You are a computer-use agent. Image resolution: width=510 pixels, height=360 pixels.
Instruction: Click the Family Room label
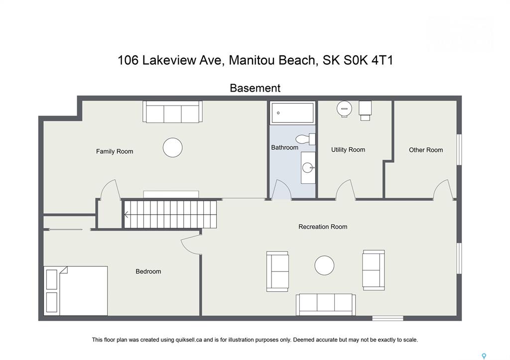[x=115, y=151]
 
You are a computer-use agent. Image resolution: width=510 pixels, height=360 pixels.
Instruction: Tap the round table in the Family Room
[x=172, y=147]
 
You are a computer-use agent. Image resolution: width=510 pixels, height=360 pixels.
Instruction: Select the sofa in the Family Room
[x=172, y=112]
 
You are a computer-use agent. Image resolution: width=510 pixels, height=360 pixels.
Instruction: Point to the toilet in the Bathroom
[x=306, y=139]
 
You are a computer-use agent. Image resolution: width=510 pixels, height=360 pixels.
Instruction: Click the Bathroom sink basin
[x=308, y=168]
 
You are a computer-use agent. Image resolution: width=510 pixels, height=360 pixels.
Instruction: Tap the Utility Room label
[x=348, y=149]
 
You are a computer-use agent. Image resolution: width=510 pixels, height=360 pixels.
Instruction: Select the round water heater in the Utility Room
[x=344, y=109]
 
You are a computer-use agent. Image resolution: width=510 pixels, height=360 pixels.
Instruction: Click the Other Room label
[x=426, y=150]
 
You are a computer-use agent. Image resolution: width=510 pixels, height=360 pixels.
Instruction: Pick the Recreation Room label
[x=323, y=227]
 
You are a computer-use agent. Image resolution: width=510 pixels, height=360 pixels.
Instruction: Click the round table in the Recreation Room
[x=324, y=265]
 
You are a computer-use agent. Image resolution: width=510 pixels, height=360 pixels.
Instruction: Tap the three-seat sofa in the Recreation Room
[x=326, y=304]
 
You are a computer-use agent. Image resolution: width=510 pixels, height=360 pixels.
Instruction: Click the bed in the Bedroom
[x=76, y=291]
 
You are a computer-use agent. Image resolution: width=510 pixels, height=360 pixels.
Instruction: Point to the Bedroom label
[x=148, y=271]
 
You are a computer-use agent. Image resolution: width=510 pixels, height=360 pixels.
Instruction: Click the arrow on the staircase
[x=126, y=215]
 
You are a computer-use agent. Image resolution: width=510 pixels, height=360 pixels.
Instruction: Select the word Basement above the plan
[x=255, y=88]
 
